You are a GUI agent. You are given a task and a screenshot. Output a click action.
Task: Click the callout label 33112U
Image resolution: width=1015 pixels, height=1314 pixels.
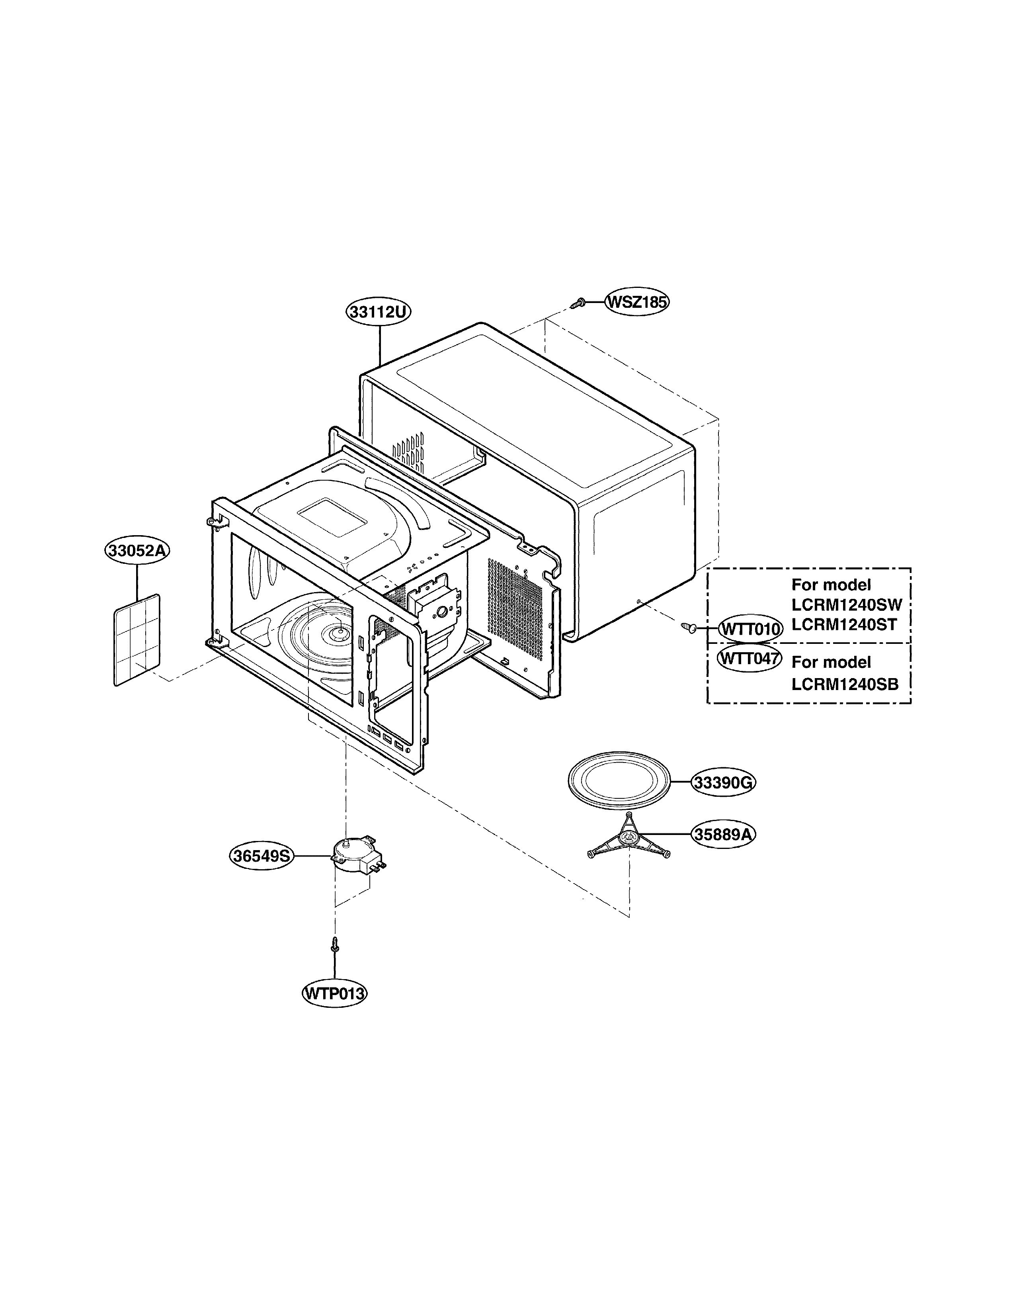pos(378,312)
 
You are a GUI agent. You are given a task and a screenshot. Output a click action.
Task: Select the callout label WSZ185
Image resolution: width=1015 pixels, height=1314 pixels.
pos(637,301)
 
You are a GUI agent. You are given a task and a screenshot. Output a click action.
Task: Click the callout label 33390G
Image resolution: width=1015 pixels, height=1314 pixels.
pos(723,783)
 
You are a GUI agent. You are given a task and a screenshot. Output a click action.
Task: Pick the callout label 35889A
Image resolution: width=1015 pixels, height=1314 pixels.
pos(723,835)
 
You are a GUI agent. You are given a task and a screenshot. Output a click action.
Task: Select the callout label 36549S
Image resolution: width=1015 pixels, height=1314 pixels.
pos(262,856)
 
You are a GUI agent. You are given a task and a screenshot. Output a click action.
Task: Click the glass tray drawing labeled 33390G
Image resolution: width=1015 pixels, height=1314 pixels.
pos(619,781)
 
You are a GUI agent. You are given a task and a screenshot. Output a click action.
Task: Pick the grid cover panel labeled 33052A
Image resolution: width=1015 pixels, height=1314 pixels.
pos(138,639)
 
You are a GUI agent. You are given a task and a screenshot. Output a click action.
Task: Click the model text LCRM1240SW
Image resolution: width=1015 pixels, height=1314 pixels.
pos(847,605)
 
